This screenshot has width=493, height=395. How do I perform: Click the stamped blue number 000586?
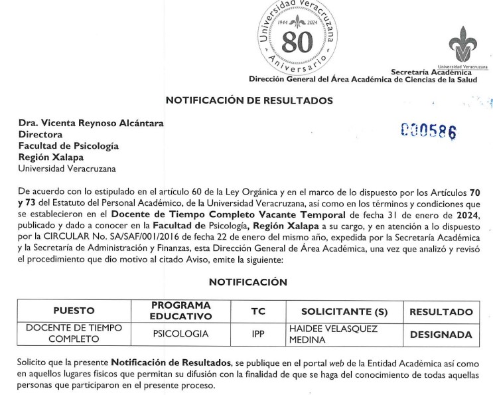pos(428,130)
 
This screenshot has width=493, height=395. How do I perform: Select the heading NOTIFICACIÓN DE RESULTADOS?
pos(249,101)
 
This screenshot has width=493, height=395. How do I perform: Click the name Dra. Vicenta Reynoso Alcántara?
pos(91,123)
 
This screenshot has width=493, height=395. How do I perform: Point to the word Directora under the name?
pos(40,134)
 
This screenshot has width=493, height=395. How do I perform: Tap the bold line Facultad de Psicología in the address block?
pos(68,145)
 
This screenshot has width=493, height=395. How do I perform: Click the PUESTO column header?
pos(74,311)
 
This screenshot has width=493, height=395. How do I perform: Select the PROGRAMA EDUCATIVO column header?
pos(180,311)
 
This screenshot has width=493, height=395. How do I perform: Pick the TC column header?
pos(258,311)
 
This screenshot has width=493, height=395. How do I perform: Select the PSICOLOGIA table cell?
pos(180,334)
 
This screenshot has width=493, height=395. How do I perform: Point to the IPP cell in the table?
pos(258,334)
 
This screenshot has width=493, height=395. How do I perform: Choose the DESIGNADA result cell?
pos(441,335)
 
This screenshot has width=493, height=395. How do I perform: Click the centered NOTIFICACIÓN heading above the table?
pos(248,282)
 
